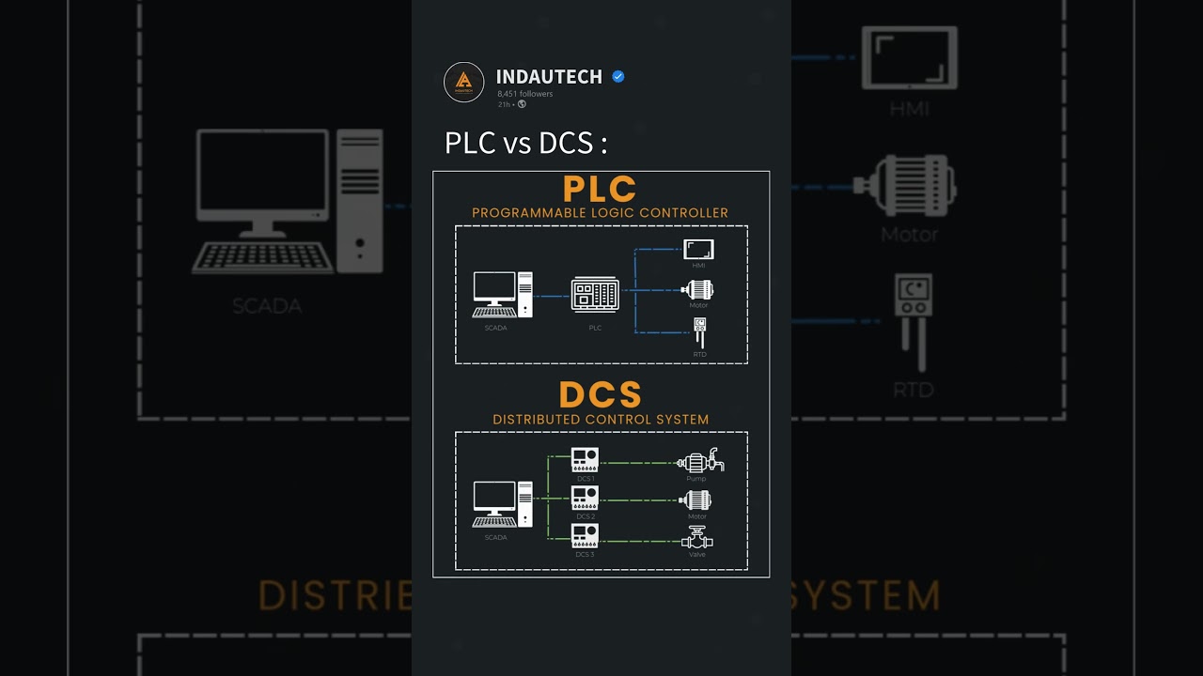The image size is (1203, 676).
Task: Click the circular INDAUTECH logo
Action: [x=463, y=82]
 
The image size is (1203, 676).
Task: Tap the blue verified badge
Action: [x=618, y=77]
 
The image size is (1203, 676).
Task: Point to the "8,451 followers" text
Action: [x=524, y=94]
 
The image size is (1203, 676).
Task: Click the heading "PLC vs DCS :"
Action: [x=525, y=143]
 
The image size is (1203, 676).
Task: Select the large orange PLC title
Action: [x=600, y=190]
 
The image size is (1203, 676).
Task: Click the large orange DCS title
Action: [x=601, y=395]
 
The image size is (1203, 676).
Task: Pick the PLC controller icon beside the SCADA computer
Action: [x=595, y=295]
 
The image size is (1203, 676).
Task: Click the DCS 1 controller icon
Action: [x=585, y=459]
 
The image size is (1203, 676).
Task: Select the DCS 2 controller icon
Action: [x=585, y=498]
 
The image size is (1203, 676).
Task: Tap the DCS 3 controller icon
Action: [x=585, y=535]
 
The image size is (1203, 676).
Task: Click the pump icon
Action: [x=699, y=461]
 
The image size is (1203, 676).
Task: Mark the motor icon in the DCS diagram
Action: [x=696, y=500]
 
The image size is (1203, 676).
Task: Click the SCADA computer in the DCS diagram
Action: [x=502, y=504]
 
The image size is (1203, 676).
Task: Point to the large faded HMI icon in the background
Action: [x=909, y=58]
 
